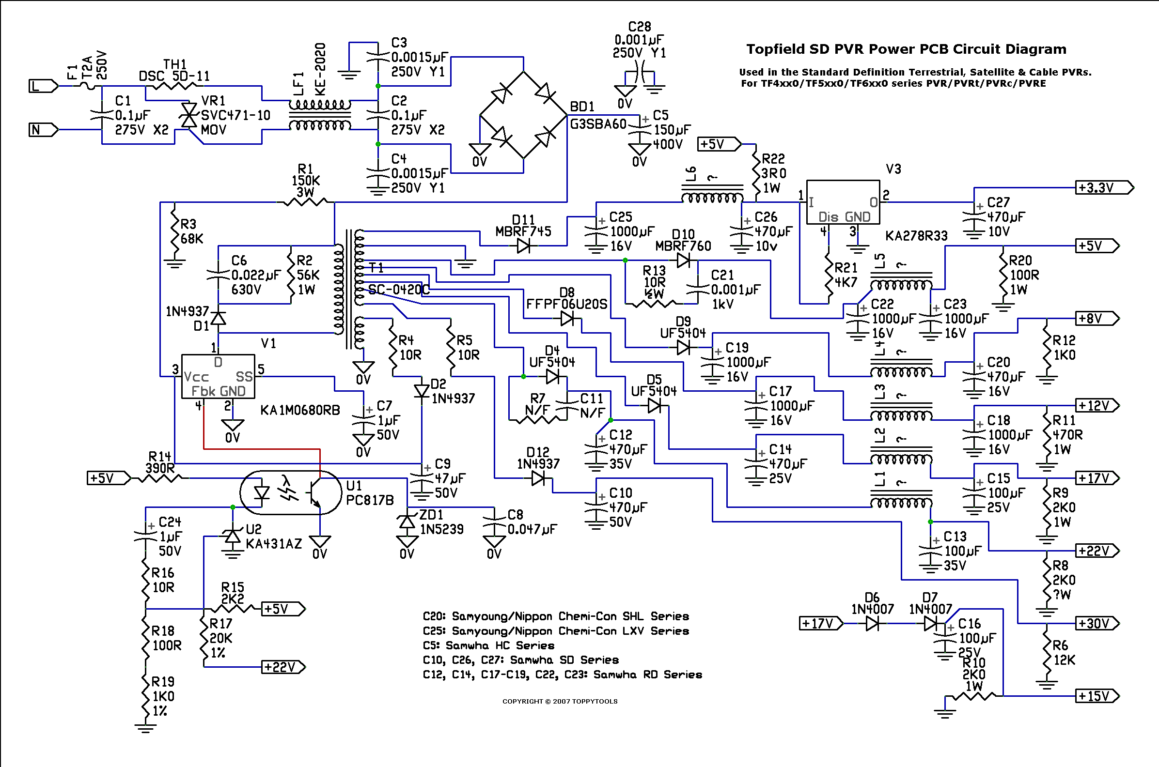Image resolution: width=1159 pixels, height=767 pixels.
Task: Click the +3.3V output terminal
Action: pyautogui.click(x=1104, y=188)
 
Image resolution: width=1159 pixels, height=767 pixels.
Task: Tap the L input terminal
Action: pyautogui.click(x=43, y=86)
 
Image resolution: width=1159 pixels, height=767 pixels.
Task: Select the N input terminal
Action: pyautogui.click(x=43, y=130)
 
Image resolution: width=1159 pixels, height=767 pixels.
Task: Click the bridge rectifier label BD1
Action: pyautogui.click(x=582, y=107)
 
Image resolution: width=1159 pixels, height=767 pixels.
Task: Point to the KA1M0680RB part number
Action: pyautogui.click(x=300, y=410)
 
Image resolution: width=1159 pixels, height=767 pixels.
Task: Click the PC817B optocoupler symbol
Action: pyautogui.click(x=291, y=492)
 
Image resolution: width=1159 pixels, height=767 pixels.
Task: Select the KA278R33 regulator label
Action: pyautogui.click(x=916, y=236)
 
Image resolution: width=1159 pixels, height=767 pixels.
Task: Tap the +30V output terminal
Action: pyautogui.click(x=1097, y=624)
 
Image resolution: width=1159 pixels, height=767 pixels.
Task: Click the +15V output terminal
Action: pyautogui.click(x=1097, y=696)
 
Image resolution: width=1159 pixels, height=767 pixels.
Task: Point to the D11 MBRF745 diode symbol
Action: pyautogui.click(x=523, y=245)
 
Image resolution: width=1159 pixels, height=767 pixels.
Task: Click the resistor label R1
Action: pyautogui.click(x=305, y=169)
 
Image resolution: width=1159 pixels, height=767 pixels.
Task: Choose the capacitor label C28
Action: pyautogui.click(x=640, y=27)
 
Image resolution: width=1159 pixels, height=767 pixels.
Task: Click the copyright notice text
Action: pyautogui.click(x=560, y=702)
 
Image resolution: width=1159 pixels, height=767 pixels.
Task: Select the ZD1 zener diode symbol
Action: pyautogui.click(x=407, y=522)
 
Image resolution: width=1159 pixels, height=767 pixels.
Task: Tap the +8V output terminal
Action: pyautogui.click(x=1097, y=319)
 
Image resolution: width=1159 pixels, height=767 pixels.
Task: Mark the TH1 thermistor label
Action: pyautogui.click(x=175, y=64)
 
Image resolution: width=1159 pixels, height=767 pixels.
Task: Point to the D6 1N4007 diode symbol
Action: pyautogui.click(x=872, y=624)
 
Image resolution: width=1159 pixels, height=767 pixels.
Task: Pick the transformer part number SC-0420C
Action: pyautogui.click(x=398, y=290)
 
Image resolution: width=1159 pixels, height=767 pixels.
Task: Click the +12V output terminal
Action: pyautogui.click(x=1097, y=405)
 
